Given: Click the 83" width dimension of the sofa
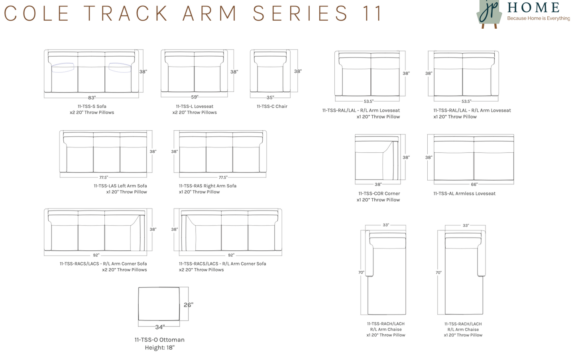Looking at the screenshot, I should [x=92, y=98].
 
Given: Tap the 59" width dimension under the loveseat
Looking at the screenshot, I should [x=195, y=97].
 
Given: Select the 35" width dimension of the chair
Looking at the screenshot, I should [x=270, y=98].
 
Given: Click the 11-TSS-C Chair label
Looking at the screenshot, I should [x=272, y=106].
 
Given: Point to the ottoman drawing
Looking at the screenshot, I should [x=159, y=304].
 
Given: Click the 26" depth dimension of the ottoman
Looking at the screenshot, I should [x=188, y=305].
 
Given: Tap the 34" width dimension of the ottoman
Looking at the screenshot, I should [x=159, y=327].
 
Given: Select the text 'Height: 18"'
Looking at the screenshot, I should [x=159, y=348].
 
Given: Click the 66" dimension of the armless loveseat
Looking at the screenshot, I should [x=474, y=184].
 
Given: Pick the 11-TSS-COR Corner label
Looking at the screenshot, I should [x=379, y=194].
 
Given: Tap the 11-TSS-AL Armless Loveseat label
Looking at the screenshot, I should [x=464, y=194].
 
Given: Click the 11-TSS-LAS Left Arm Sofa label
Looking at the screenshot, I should [x=120, y=186].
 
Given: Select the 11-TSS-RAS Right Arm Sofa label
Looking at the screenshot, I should [x=208, y=186].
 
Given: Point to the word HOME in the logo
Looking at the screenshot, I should [x=534, y=7].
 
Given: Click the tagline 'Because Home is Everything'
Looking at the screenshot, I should [x=538, y=18].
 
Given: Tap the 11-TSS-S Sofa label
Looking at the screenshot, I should [x=92, y=106].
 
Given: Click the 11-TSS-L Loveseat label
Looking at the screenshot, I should [x=195, y=106].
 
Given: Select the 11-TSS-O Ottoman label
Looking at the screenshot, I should [x=159, y=340].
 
